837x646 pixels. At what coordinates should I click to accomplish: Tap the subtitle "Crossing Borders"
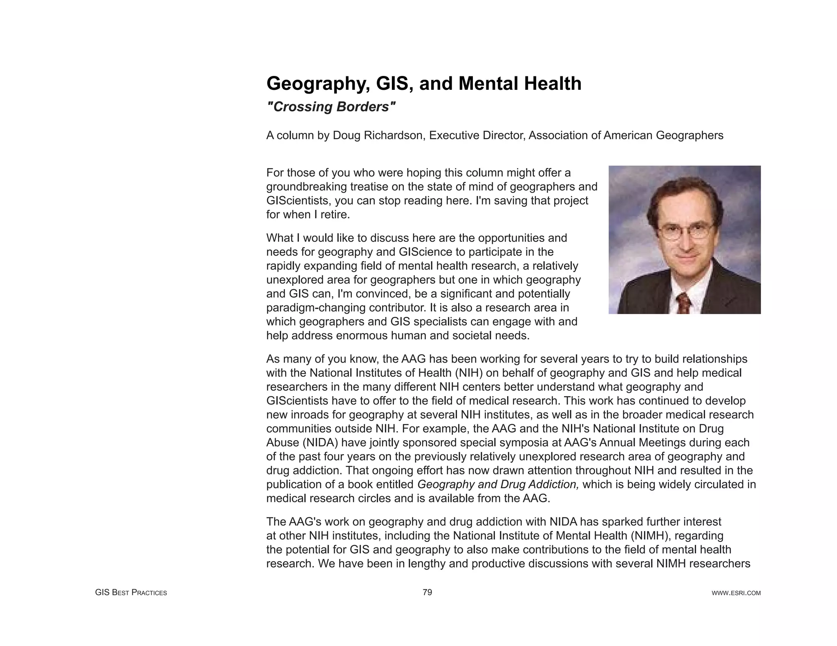coord(331,107)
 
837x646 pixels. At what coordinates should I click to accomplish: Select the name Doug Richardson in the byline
coord(379,136)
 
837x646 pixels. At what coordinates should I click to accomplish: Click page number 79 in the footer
coord(427,592)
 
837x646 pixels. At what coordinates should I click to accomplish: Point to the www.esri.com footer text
coord(736,593)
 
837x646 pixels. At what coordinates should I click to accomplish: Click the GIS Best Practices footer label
coord(131,593)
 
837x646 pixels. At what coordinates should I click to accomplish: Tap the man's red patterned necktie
coord(683,303)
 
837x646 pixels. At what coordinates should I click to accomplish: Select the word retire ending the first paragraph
coord(335,215)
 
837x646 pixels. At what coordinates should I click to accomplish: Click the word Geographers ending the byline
coord(689,136)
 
